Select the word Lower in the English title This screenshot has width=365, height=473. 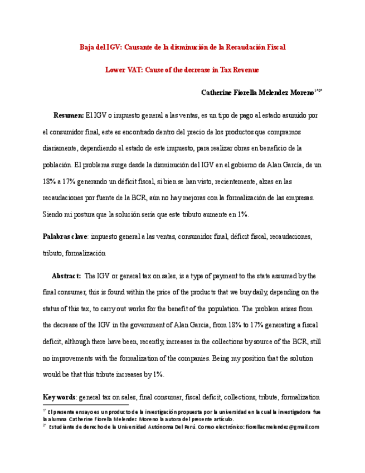(115, 70)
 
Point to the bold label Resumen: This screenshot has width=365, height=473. (68, 115)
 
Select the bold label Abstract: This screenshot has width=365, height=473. (66, 276)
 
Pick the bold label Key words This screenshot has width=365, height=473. (59, 397)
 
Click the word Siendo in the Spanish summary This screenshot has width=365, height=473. (53, 214)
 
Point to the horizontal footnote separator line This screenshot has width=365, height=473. (86, 405)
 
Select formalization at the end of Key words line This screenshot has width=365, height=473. (301, 397)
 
